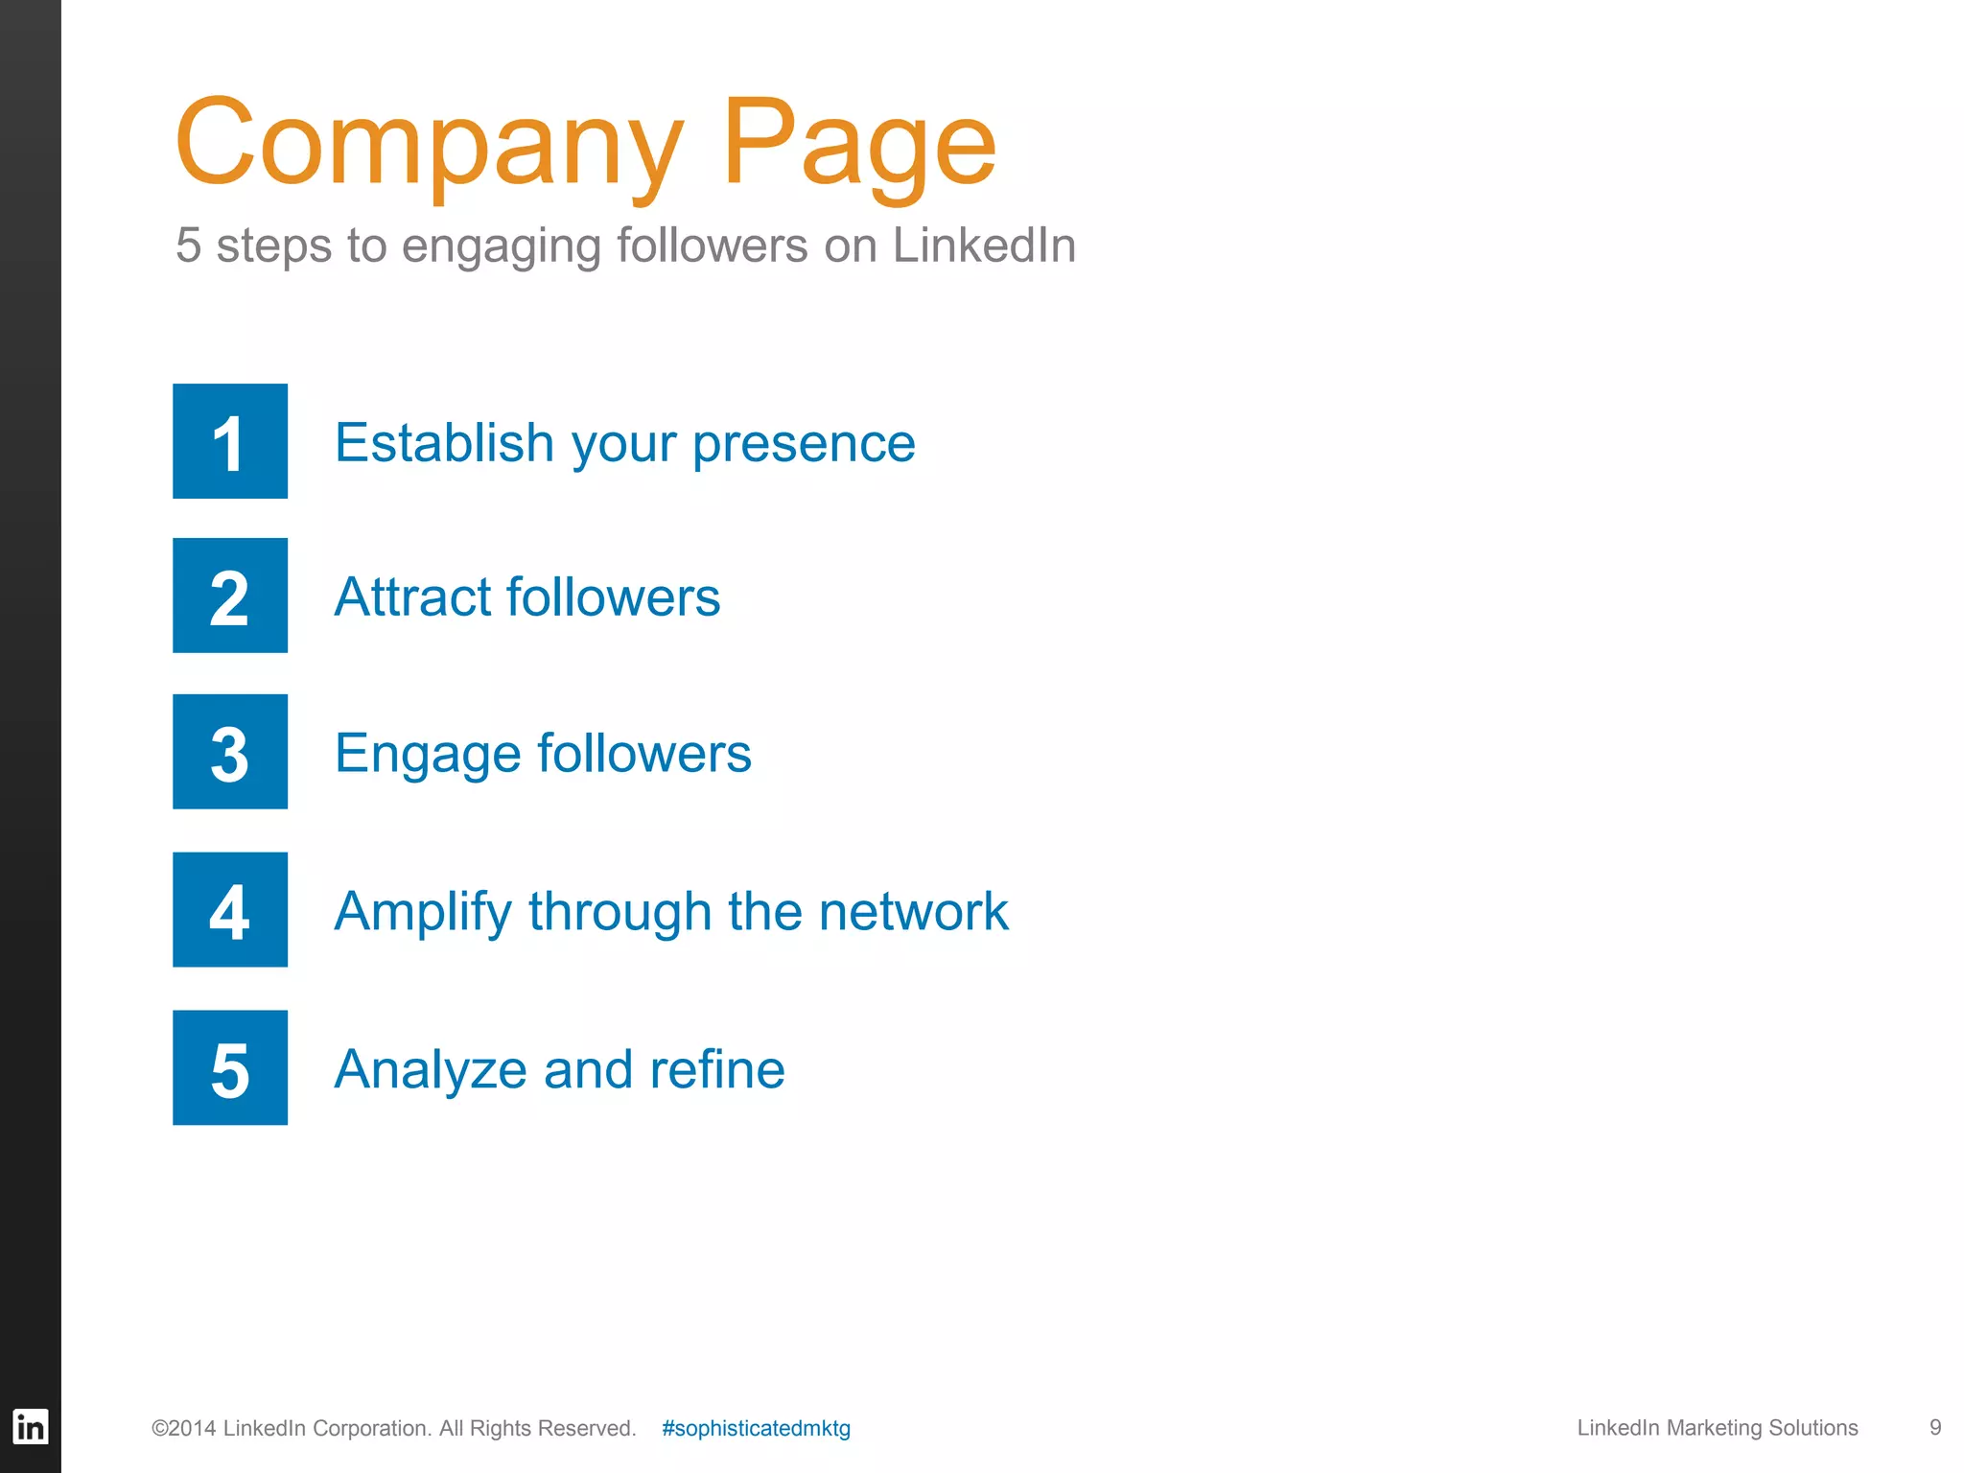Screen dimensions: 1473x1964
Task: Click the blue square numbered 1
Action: pyautogui.click(x=230, y=441)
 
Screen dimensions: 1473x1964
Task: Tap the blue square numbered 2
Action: pyautogui.click(x=230, y=596)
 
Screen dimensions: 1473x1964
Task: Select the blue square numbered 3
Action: pyautogui.click(x=230, y=752)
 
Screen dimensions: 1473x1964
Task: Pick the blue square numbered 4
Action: pyautogui.click(x=230, y=909)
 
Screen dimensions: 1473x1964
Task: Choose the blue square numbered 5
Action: pyautogui.click(x=230, y=1067)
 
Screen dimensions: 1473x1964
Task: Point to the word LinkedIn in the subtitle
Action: pyautogui.click(x=984, y=245)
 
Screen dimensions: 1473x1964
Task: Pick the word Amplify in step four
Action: pyautogui.click(x=423, y=912)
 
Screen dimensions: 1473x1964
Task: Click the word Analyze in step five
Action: pyautogui.click(x=431, y=1070)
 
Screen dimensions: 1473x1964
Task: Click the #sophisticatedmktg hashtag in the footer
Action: pyautogui.click(x=756, y=1428)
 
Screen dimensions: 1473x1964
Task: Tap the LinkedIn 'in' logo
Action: pyautogui.click(x=30, y=1427)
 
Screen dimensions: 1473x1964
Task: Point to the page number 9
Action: pyautogui.click(x=1935, y=1428)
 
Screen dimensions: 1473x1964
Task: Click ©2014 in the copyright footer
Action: pyautogui.click(x=184, y=1428)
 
